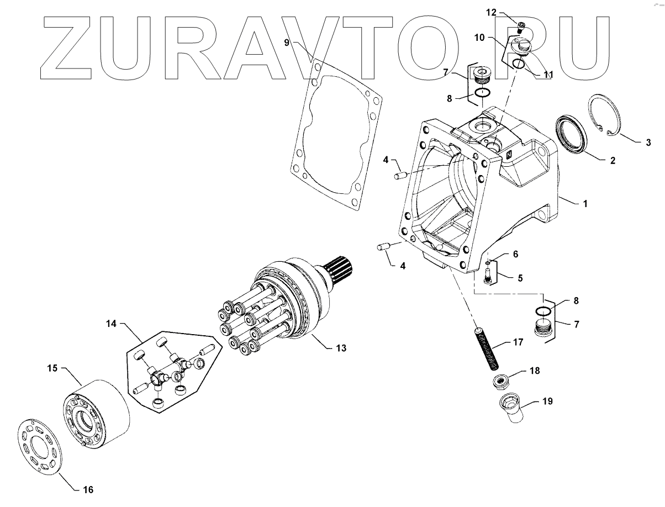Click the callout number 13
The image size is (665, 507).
click(341, 348)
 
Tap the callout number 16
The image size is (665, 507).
click(88, 489)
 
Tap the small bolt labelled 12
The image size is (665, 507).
click(521, 25)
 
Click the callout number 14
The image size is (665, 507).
click(111, 324)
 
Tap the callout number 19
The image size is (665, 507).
click(546, 402)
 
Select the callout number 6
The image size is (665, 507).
click(515, 254)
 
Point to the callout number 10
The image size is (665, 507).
click(478, 38)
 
